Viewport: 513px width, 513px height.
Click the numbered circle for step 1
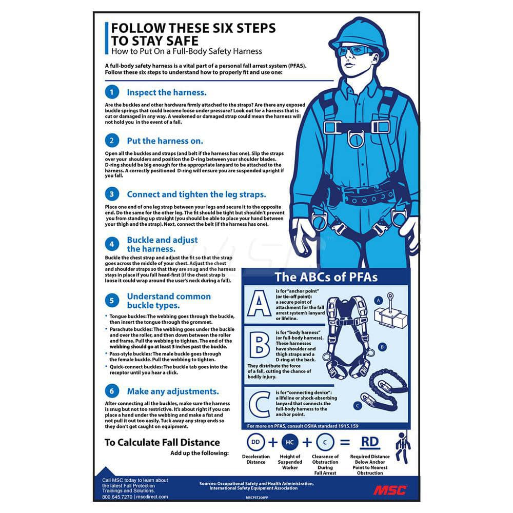(x=112, y=92)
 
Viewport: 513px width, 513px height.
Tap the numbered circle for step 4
(x=112, y=244)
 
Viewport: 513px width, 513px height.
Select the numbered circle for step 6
(x=112, y=391)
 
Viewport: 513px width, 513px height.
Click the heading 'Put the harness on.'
(x=165, y=141)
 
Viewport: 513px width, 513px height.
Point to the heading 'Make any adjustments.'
(x=173, y=391)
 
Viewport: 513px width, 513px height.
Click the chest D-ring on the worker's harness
(x=356, y=139)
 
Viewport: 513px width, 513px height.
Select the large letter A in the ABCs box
(x=259, y=303)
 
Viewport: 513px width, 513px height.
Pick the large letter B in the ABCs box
(x=260, y=345)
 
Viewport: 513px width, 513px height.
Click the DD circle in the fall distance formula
(x=255, y=442)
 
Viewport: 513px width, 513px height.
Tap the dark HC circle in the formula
(x=290, y=442)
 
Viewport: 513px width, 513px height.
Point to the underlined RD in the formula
(x=370, y=442)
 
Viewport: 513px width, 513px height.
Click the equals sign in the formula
(x=345, y=442)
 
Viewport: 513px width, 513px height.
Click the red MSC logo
(x=390, y=490)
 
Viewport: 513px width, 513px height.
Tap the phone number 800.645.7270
(x=117, y=497)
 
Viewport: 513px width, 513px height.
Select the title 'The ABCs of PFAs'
(x=326, y=277)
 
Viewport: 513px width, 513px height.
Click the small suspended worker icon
(x=403, y=448)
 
